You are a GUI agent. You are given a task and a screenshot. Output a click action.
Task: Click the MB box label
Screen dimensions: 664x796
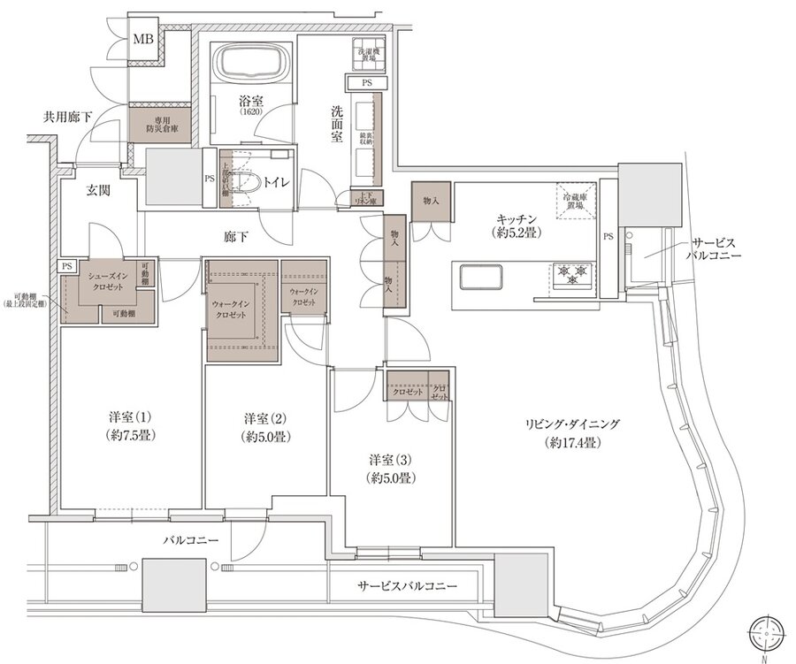(142, 40)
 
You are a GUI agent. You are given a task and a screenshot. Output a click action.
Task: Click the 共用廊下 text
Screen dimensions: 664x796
(68, 117)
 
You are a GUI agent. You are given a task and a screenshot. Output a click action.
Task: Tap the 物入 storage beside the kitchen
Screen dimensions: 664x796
(432, 201)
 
